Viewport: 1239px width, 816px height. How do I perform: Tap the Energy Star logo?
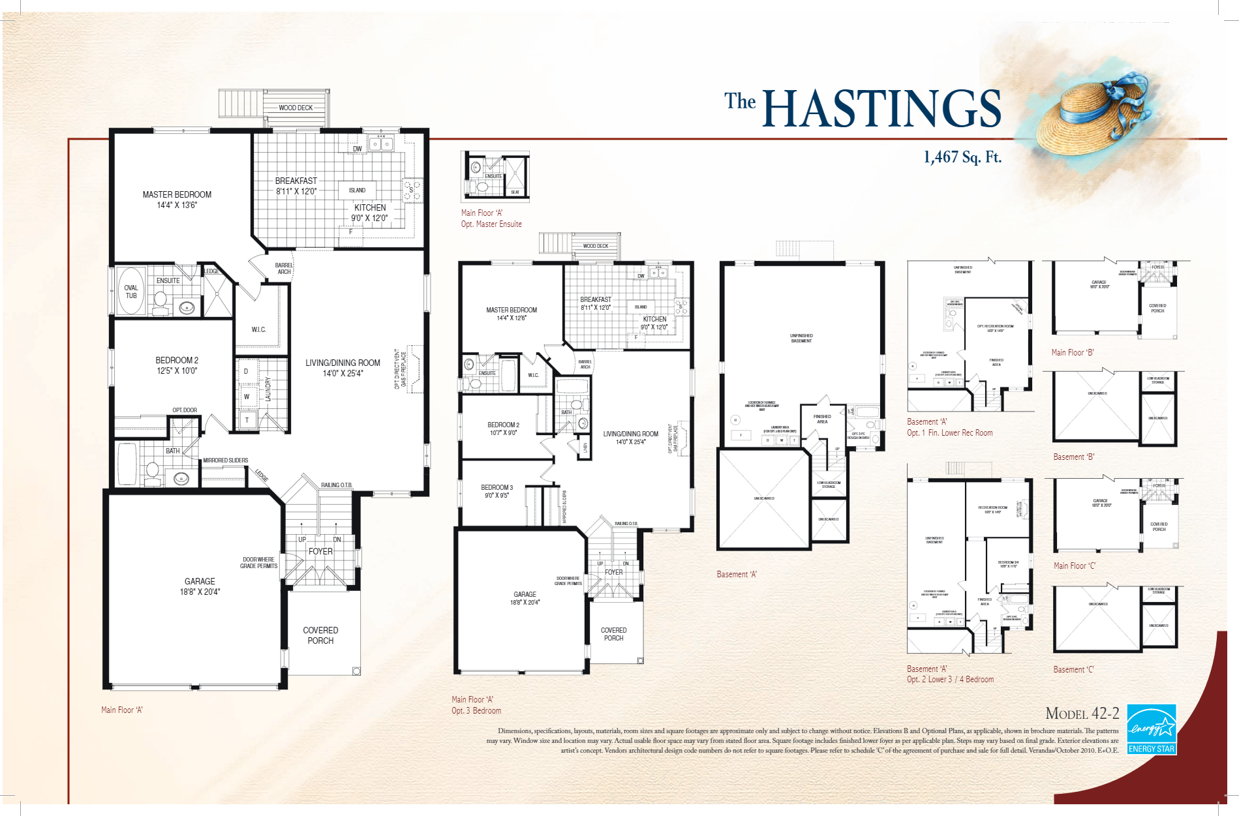(x=1152, y=729)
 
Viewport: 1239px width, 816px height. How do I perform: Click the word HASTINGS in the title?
(x=881, y=109)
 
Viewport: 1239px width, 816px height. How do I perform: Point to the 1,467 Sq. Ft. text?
(x=962, y=157)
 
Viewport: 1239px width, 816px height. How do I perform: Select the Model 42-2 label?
(x=1082, y=713)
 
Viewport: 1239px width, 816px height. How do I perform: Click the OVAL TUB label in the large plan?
(x=131, y=292)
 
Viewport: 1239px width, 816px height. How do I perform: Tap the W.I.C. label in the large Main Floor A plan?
(x=258, y=329)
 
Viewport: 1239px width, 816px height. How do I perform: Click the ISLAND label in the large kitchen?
(x=357, y=190)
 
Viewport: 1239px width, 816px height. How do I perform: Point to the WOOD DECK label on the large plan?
(x=296, y=108)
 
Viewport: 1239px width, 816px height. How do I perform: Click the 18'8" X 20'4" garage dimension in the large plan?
(x=200, y=592)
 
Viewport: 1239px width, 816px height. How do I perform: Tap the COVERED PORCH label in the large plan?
(x=320, y=635)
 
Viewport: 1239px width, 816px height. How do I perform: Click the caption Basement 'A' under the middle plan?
(x=737, y=574)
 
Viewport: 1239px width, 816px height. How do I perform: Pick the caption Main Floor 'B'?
(x=1072, y=352)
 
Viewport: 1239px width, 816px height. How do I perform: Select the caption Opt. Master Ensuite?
(x=491, y=224)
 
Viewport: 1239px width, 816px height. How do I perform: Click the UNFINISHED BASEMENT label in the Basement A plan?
(x=801, y=338)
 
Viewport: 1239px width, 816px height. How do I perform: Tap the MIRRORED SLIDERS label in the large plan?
(x=225, y=460)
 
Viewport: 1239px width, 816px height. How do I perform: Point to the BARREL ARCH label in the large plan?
(x=284, y=268)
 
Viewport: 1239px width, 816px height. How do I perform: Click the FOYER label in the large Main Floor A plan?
(x=320, y=551)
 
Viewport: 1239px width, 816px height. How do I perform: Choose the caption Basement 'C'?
(x=1073, y=669)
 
